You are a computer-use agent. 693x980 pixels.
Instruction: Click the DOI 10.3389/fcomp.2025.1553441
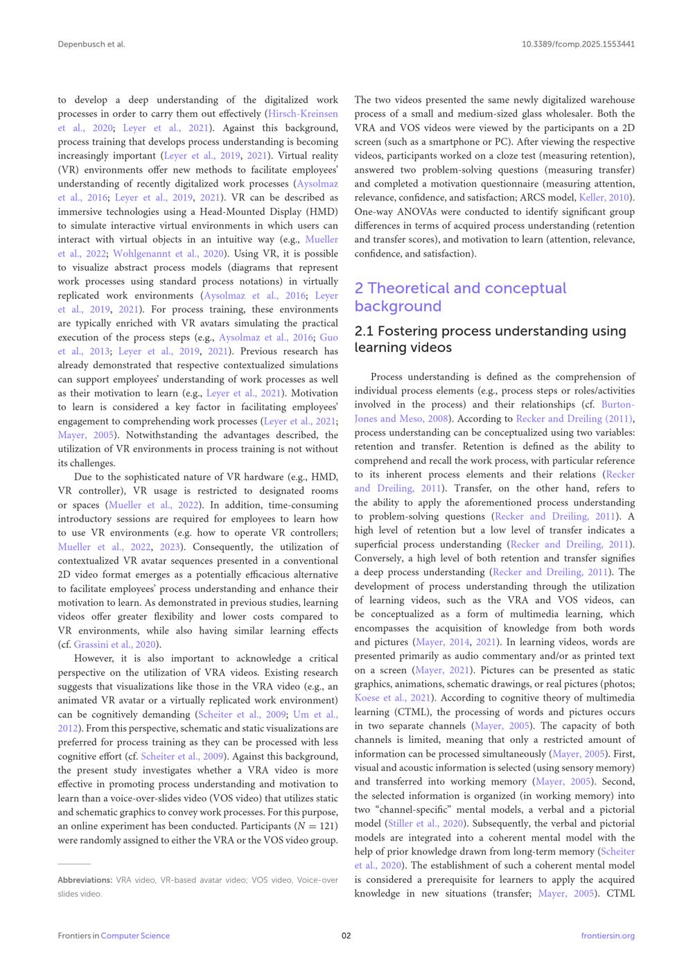(578, 44)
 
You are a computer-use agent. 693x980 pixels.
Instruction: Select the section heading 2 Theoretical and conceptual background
(460, 297)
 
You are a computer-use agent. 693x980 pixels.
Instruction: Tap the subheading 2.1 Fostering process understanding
(490, 339)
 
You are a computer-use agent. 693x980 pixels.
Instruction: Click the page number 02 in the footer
(346, 936)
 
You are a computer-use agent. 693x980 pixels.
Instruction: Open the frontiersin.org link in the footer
(608, 936)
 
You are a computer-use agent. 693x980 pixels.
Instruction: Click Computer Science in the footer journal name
(135, 936)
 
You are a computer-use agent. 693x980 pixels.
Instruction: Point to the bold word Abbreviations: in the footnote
(85, 880)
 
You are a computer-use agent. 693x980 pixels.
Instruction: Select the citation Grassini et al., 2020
(114, 645)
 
